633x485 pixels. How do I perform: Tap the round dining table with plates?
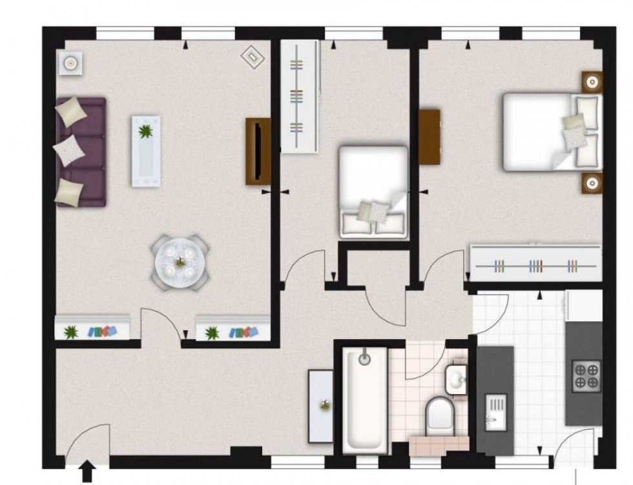pos(181,263)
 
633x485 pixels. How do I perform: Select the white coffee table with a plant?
pos(146,151)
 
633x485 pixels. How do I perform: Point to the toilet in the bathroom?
pos(441,413)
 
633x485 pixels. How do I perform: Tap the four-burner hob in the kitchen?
pos(586,375)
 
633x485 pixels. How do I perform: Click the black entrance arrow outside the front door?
pos(87,470)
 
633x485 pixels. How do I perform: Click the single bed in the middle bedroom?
pos(373,192)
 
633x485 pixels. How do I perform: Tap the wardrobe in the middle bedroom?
pos(300,96)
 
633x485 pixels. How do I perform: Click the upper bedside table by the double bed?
pos(592,82)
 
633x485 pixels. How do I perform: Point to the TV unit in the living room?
pos(258,152)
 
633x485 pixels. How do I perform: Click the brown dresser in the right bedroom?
pos(430,137)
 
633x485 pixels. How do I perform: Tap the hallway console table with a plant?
pos(321,406)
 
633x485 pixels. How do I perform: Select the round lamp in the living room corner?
pos(68,63)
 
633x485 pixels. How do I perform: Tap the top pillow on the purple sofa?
pos(71,110)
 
